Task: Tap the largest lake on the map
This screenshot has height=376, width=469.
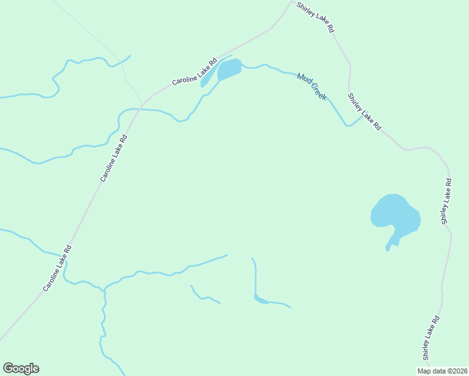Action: [x=395, y=214]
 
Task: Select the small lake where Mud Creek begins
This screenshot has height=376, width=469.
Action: [x=229, y=69]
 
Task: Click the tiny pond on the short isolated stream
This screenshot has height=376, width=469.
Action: [x=260, y=300]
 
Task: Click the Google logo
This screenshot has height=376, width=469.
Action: [x=21, y=368]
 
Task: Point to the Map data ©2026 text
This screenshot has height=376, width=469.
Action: [x=443, y=370]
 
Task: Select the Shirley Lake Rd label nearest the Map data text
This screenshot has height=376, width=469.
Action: [x=430, y=338]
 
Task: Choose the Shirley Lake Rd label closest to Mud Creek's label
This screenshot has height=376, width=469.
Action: [x=364, y=111]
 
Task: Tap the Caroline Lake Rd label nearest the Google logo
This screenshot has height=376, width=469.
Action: [x=58, y=268]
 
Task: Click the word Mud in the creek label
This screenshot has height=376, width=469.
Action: [x=304, y=79]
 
